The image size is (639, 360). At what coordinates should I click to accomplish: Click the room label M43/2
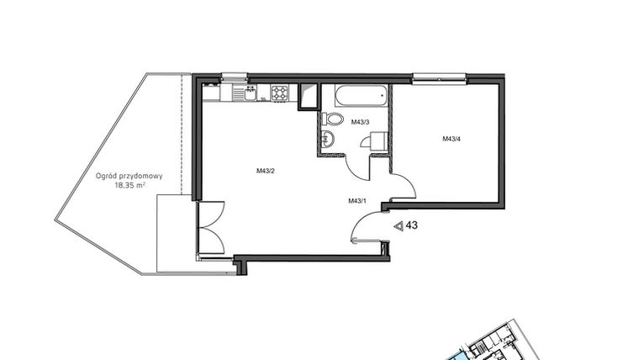click(x=267, y=172)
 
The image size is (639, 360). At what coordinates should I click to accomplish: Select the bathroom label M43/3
click(x=361, y=121)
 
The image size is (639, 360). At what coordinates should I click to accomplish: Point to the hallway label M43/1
click(x=357, y=201)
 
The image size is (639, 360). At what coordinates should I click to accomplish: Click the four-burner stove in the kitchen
click(x=279, y=92)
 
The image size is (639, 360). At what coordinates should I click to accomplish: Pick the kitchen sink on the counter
click(x=245, y=92)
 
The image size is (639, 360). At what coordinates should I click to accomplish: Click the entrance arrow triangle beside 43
click(x=399, y=226)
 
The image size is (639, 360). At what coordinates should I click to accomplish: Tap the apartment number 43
click(x=412, y=225)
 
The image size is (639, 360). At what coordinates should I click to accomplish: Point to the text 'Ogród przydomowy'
click(x=129, y=177)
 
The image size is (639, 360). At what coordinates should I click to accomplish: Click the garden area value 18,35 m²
click(x=130, y=186)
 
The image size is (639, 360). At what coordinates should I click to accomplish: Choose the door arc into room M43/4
click(x=402, y=187)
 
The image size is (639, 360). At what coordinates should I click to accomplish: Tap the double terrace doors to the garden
click(x=209, y=228)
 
